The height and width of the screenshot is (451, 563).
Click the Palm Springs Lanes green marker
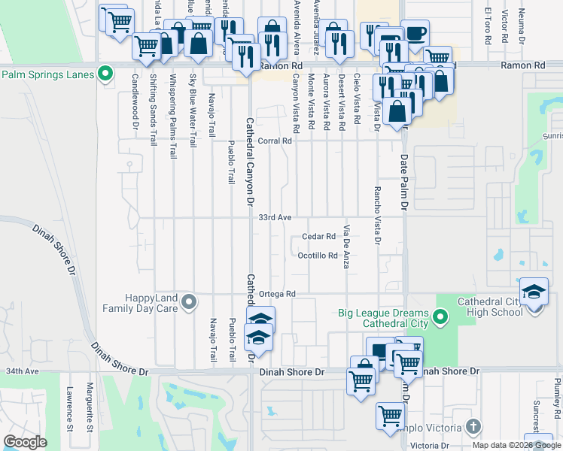pyautogui.click(x=105, y=74)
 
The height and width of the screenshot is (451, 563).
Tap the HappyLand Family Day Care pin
pyautogui.click(x=189, y=303)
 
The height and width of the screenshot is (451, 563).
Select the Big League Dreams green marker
pyautogui.click(x=441, y=319)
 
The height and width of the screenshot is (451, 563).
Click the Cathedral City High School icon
pyautogui.click(x=533, y=292)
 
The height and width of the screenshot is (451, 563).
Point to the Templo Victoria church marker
pyautogui.click(x=472, y=427)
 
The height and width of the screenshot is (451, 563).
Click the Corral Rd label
pyautogui.click(x=275, y=141)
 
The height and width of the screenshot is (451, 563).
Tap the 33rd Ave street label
pyautogui.click(x=275, y=217)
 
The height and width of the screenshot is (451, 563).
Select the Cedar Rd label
pyautogui.click(x=318, y=236)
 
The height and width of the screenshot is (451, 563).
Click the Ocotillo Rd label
pyautogui.click(x=317, y=256)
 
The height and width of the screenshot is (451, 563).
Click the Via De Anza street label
pyautogui.click(x=347, y=247)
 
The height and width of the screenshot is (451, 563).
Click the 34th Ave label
pyautogui.click(x=22, y=371)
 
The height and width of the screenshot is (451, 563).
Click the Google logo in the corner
pyautogui.click(x=24, y=442)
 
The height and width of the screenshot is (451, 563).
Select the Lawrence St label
pyautogui.click(x=68, y=404)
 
